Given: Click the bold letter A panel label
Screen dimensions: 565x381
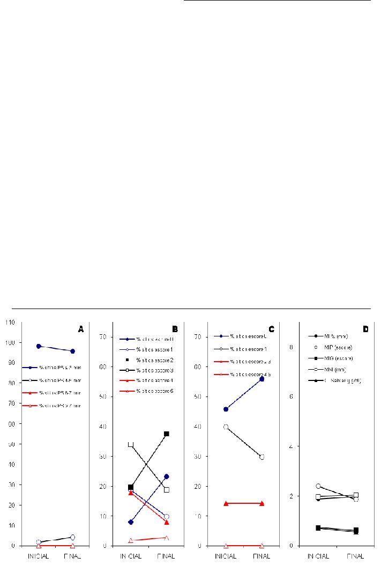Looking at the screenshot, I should [80, 329].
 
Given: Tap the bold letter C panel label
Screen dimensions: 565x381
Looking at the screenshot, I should [271, 329].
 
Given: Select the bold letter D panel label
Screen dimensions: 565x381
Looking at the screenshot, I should [365, 329].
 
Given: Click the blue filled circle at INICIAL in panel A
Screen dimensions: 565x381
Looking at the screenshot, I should [39, 346].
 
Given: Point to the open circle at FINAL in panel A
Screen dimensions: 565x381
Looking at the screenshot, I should [72, 537].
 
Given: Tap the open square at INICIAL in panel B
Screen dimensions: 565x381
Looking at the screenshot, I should [131, 444].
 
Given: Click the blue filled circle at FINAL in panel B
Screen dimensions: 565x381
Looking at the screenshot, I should [166, 476].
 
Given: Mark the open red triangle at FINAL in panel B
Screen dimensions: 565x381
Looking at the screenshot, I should [166, 538].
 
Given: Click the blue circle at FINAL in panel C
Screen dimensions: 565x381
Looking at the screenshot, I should [262, 379].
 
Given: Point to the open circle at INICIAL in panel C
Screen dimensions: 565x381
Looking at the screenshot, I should [226, 427].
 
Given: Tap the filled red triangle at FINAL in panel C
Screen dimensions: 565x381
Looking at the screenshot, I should [262, 503].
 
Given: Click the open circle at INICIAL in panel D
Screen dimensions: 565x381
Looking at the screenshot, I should [318, 486].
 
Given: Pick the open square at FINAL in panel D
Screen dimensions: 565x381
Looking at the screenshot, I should [356, 495].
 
